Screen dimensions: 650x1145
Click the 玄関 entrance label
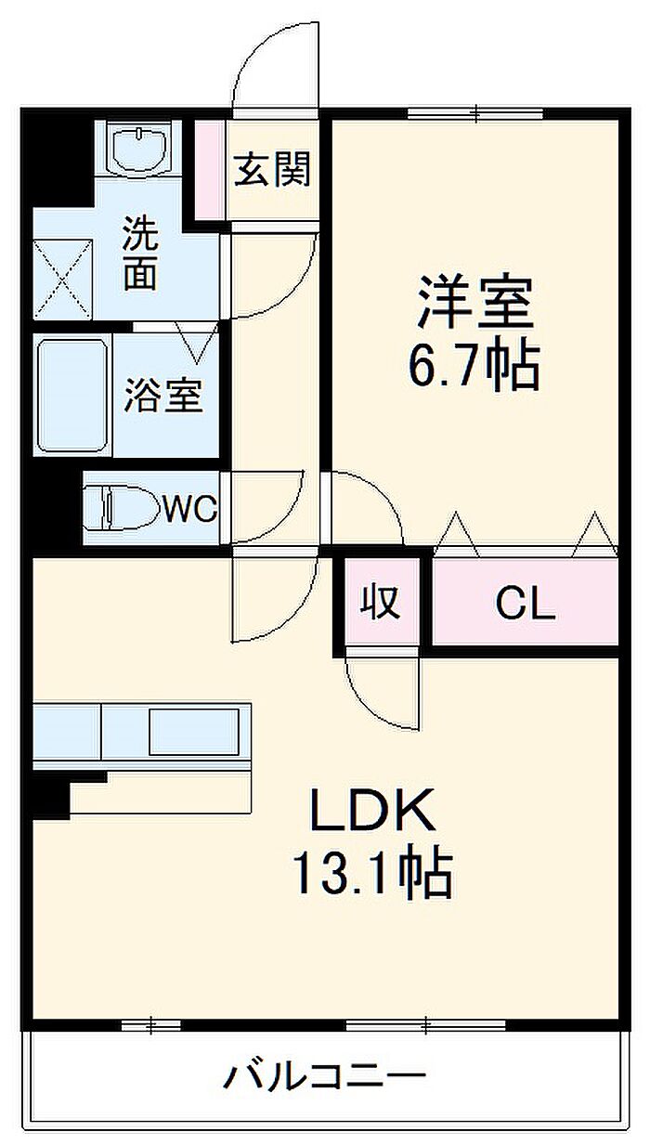coord(272,169)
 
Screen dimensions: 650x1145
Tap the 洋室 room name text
coord(475,302)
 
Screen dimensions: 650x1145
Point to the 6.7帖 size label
coord(474,366)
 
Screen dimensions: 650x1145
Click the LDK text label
coord(372,810)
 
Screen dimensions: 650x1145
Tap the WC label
coord(190,509)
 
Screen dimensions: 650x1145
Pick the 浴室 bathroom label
coord(163,396)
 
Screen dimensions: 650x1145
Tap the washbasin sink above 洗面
coord(139,149)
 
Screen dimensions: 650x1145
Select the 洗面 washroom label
coord(140,254)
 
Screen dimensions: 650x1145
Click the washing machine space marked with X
coord(63,280)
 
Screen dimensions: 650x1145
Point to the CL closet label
coord(526,605)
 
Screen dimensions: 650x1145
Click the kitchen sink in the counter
coord(194,732)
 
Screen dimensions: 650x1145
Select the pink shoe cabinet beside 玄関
coord(210,170)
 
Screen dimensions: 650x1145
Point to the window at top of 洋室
coord(475,113)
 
